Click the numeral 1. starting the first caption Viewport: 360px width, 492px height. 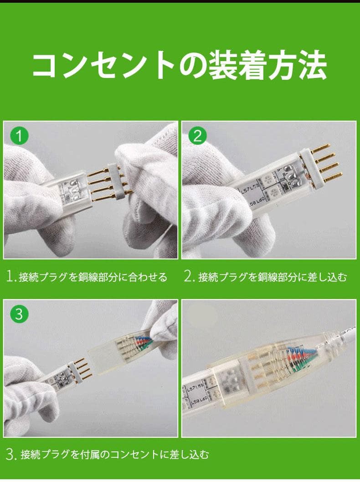pyautogui.click(x=11, y=276)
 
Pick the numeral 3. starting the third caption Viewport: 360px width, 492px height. pyautogui.click(x=11, y=454)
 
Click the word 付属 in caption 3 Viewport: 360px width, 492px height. pyautogui.click(x=94, y=455)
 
